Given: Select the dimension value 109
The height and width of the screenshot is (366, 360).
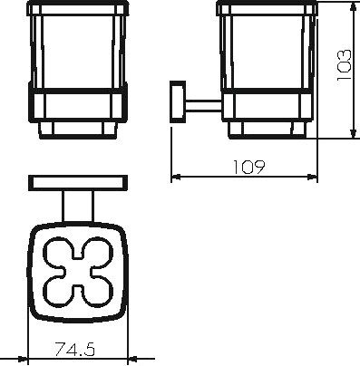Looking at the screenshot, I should pyautogui.click(x=246, y=166).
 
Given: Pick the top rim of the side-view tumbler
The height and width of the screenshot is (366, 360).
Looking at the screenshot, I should pyautogui.click(x=267, y=9).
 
